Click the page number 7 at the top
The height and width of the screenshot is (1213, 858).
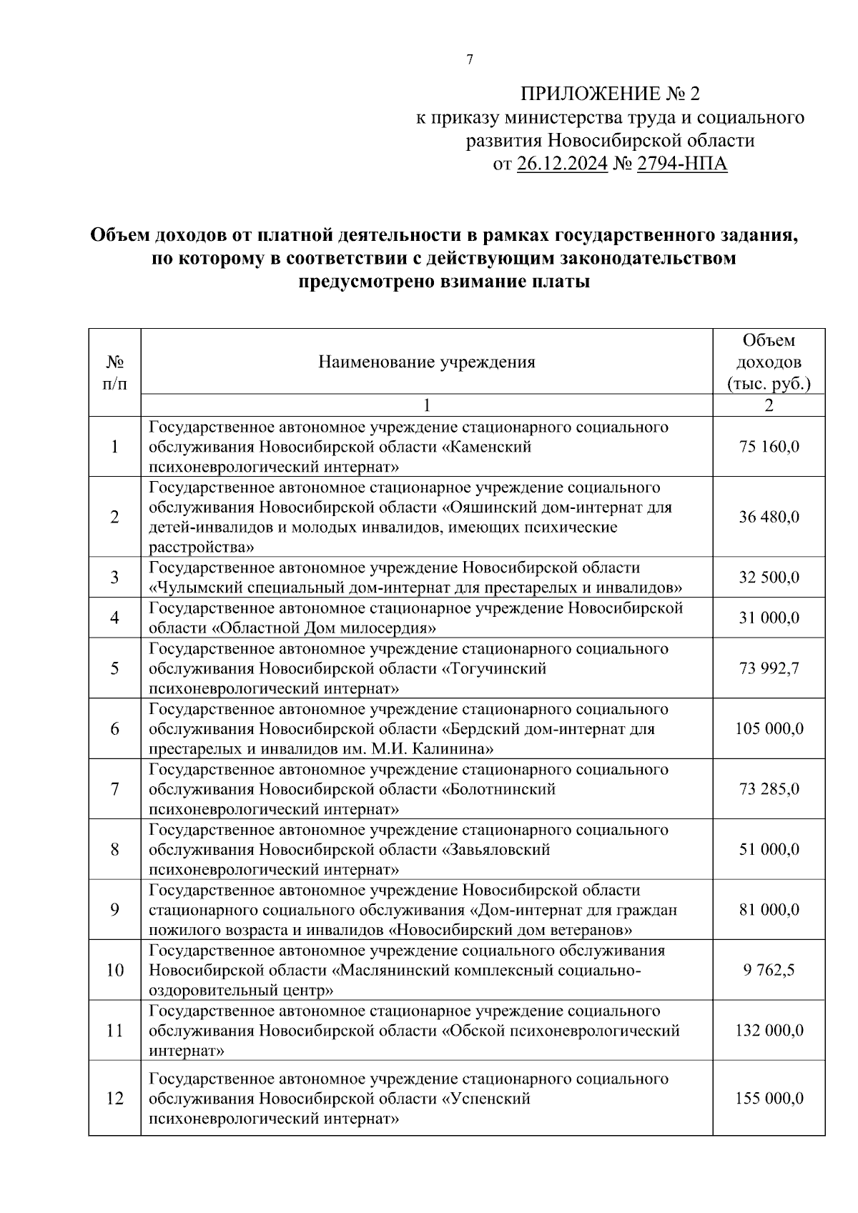coord(469,60)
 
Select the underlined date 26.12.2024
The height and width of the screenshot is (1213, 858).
coord(562,164)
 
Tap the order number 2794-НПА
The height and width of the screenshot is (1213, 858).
coord(681,164)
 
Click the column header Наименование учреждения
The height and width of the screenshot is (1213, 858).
coord(427,362)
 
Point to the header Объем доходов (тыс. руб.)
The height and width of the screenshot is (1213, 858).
coord(769,362)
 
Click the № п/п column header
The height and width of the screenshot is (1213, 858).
coord(114,372)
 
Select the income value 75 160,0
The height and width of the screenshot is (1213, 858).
coord(769,447)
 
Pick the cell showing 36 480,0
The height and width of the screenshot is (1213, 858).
coord(769,517)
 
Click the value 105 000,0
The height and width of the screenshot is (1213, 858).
coord(769,728)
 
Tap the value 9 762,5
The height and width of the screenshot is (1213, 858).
coord(769,970)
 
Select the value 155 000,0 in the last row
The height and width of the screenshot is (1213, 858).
coord(769,1098)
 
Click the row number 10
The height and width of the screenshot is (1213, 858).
coord(114,970)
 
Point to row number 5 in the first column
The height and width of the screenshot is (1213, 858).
coord(114,668)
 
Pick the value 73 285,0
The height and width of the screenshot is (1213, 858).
coord(769,789)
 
